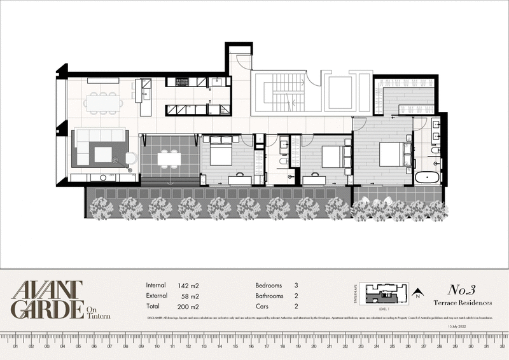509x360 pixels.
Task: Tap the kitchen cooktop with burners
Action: click(x=182, y=81)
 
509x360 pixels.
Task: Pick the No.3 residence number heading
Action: click(x=464, y=290)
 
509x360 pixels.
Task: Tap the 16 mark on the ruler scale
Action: click(x=251, y=347)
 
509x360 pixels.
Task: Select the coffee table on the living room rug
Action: click(x=102, y=153)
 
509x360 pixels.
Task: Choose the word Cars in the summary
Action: click(x=262, y=307)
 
